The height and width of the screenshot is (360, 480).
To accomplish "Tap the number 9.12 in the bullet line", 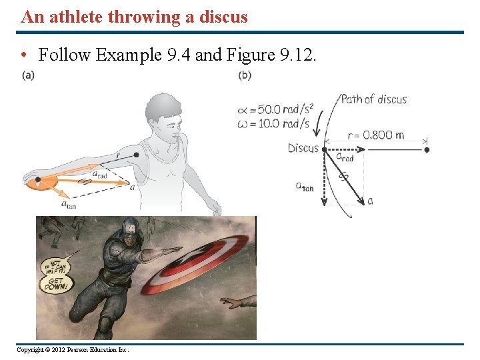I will [297, 55].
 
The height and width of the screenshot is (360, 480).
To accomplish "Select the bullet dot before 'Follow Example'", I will [24, 55].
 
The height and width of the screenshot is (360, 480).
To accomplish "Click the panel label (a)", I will [28, 75].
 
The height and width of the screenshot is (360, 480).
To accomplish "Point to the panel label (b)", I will [245, 75].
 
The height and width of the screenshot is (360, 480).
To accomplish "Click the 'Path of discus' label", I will [373, 99].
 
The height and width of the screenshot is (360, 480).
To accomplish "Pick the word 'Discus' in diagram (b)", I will [303, 148].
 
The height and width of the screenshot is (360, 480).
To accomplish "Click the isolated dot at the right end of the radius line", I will [427, 149].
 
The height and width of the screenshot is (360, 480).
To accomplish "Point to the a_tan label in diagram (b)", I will [305, 187].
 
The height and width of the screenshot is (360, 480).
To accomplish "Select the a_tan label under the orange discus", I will [68, 205].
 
